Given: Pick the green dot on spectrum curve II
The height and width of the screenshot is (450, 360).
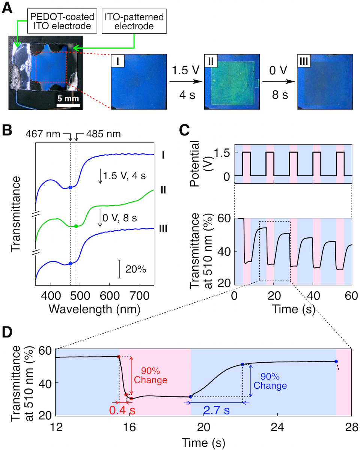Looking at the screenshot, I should (76, 226).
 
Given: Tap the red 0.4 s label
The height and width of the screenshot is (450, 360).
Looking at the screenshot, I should (122, 409).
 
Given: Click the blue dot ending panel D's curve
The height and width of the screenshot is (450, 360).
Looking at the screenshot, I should (336, 361).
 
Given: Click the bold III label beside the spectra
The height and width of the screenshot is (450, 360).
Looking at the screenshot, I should (163, 228).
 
